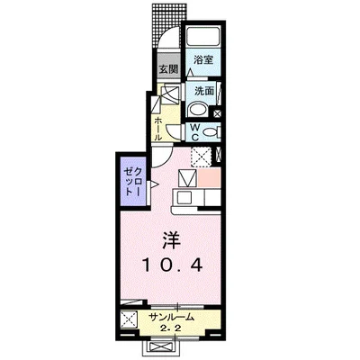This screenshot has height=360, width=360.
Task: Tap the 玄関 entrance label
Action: tap(167, 69)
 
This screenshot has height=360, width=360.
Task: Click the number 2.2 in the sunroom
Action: tap(169, 328)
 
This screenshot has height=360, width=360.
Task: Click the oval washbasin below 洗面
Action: tap(197, 110)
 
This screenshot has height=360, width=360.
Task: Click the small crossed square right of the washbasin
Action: tap(217, 113)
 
